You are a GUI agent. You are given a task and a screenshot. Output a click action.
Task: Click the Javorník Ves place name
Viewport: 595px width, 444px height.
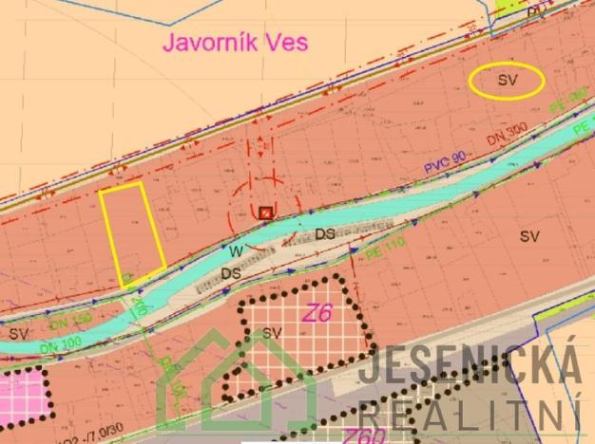[x=237, y=43]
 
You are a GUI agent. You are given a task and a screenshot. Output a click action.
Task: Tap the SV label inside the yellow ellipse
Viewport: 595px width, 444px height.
[x=507, y=82]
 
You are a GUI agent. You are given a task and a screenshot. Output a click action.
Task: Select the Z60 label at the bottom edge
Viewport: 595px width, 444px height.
[x=363, y=436]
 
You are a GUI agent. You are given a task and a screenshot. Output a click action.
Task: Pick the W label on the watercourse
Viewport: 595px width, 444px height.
[x=236, y=251]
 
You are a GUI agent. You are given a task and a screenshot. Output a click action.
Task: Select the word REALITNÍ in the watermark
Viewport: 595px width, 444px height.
[x=470, y=414]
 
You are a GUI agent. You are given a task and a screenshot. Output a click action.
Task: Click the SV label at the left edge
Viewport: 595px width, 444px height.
[x=18, y=333]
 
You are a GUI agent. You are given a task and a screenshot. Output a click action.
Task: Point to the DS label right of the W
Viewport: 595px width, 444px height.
[x=326, y=232]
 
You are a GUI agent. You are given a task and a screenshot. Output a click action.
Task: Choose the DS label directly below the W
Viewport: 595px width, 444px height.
[x=230, y=273]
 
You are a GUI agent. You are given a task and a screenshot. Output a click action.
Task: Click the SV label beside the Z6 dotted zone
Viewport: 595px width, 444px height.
[x=273, y=332]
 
